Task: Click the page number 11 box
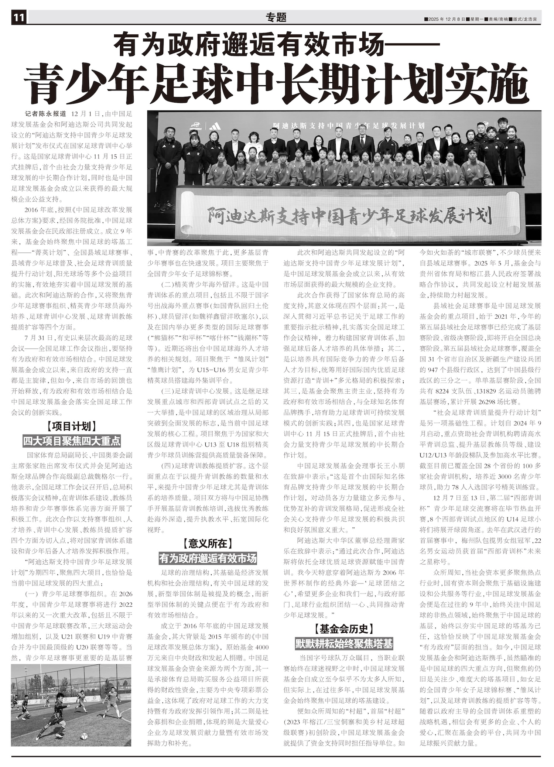click(x=19, y=17)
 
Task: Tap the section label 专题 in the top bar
click(x=276, y=17)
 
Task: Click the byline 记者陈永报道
click(x=45, y=113)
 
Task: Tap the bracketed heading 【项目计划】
click(x=72, y=427)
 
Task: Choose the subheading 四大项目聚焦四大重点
click(x=72, y=441)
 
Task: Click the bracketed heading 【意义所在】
click(x=208, y=544)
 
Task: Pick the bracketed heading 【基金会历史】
click(x=344, y=629)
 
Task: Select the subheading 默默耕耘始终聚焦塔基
click(x=344, y=643)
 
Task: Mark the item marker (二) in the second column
click(x=167, y=285)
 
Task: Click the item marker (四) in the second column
click(x=167, y=466)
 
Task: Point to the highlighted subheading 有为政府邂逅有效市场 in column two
click(x=208, y=558)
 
